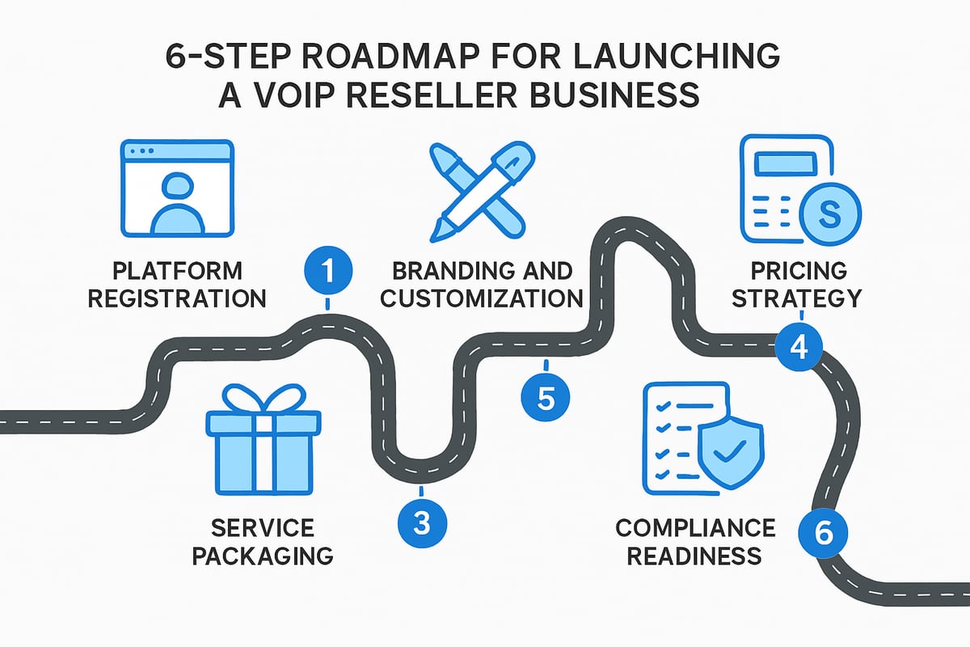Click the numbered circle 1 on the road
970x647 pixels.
click(x=327, y=270)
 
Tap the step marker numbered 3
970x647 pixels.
click(x=421, y=522)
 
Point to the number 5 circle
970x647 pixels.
click(x=545, y=397)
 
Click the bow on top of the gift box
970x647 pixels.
click(x=263, y=398)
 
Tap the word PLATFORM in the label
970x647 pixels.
click(x=178, y=270)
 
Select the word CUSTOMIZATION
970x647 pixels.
click(x=481, y=298)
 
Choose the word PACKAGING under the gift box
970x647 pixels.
click(x=263, y=556)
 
